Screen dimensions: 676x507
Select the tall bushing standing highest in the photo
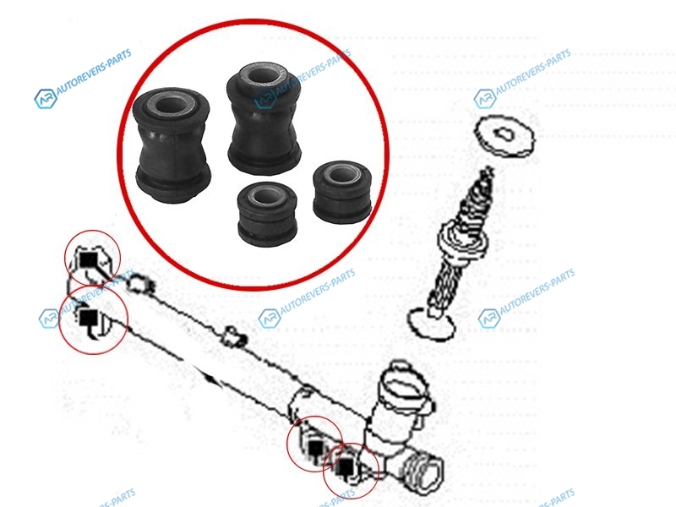click(263, 117)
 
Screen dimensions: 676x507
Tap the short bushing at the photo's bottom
click(267, 211)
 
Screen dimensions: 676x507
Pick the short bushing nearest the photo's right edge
click(342, 192)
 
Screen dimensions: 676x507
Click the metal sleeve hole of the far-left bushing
click(171, 105)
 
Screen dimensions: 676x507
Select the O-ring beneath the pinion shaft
click(431, 323)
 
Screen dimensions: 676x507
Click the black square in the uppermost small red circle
click(90, 260)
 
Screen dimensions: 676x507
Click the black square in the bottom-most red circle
click(346, 466)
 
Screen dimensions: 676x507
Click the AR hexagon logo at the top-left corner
click(46, 99)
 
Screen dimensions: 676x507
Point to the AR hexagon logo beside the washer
click(484, 99)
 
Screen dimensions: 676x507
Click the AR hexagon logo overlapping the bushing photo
click(265, 99)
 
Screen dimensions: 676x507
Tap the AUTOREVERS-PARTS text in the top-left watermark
click(95, 72)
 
